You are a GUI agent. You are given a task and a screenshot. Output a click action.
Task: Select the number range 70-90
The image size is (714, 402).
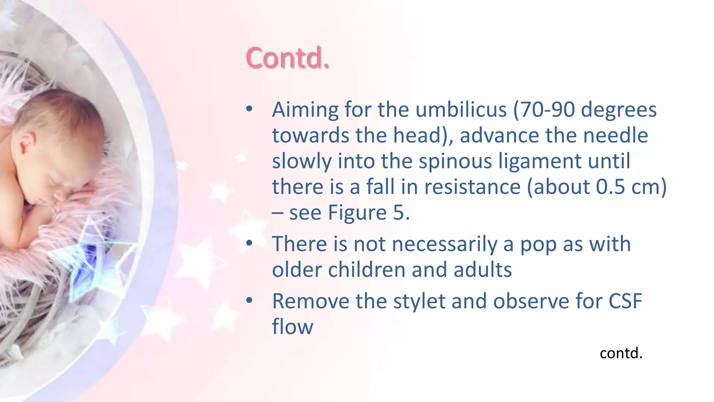[547, 110]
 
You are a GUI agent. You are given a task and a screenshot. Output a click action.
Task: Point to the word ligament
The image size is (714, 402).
[540, 162]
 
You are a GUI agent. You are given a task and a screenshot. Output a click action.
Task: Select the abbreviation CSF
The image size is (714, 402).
[625, 301]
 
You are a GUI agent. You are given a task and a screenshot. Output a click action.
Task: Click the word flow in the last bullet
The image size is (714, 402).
[293, 327]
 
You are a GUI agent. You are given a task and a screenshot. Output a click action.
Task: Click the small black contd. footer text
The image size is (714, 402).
[621, 353]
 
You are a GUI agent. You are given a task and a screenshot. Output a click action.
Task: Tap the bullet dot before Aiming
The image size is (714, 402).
[249, 109]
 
